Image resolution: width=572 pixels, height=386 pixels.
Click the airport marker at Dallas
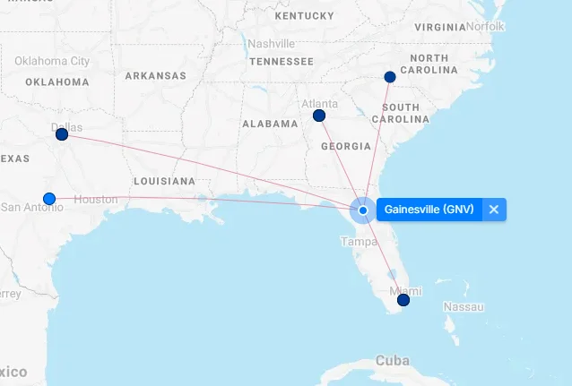click(x=62, y=134)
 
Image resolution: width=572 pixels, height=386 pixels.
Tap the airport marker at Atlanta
click(x=318, y=116)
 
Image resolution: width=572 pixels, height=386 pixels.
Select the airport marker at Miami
click(x=403, y=300)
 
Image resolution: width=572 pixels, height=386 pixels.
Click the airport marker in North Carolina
click(x=389, y=77)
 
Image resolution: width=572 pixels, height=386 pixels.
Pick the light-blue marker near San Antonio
click(x=49, y=198)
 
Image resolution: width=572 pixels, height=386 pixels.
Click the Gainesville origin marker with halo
click(x=363, y=210)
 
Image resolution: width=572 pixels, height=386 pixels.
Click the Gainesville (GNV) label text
click(x=429, y=210)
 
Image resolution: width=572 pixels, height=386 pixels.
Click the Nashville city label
click(x=271, y=44)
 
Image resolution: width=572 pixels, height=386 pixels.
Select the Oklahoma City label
click(x=52, y=61)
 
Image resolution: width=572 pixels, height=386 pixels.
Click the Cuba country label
click(x=392, y=360)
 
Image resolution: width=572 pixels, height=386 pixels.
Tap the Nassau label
click(x=464, y=307)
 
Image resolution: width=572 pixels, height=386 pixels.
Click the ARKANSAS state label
click(x=155, y=76)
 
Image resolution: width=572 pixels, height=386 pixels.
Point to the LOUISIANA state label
click(x=162, y=181)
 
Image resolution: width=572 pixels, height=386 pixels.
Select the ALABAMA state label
click(x=269, y=124)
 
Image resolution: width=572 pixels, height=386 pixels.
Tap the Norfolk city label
click(x=484, y=26)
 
